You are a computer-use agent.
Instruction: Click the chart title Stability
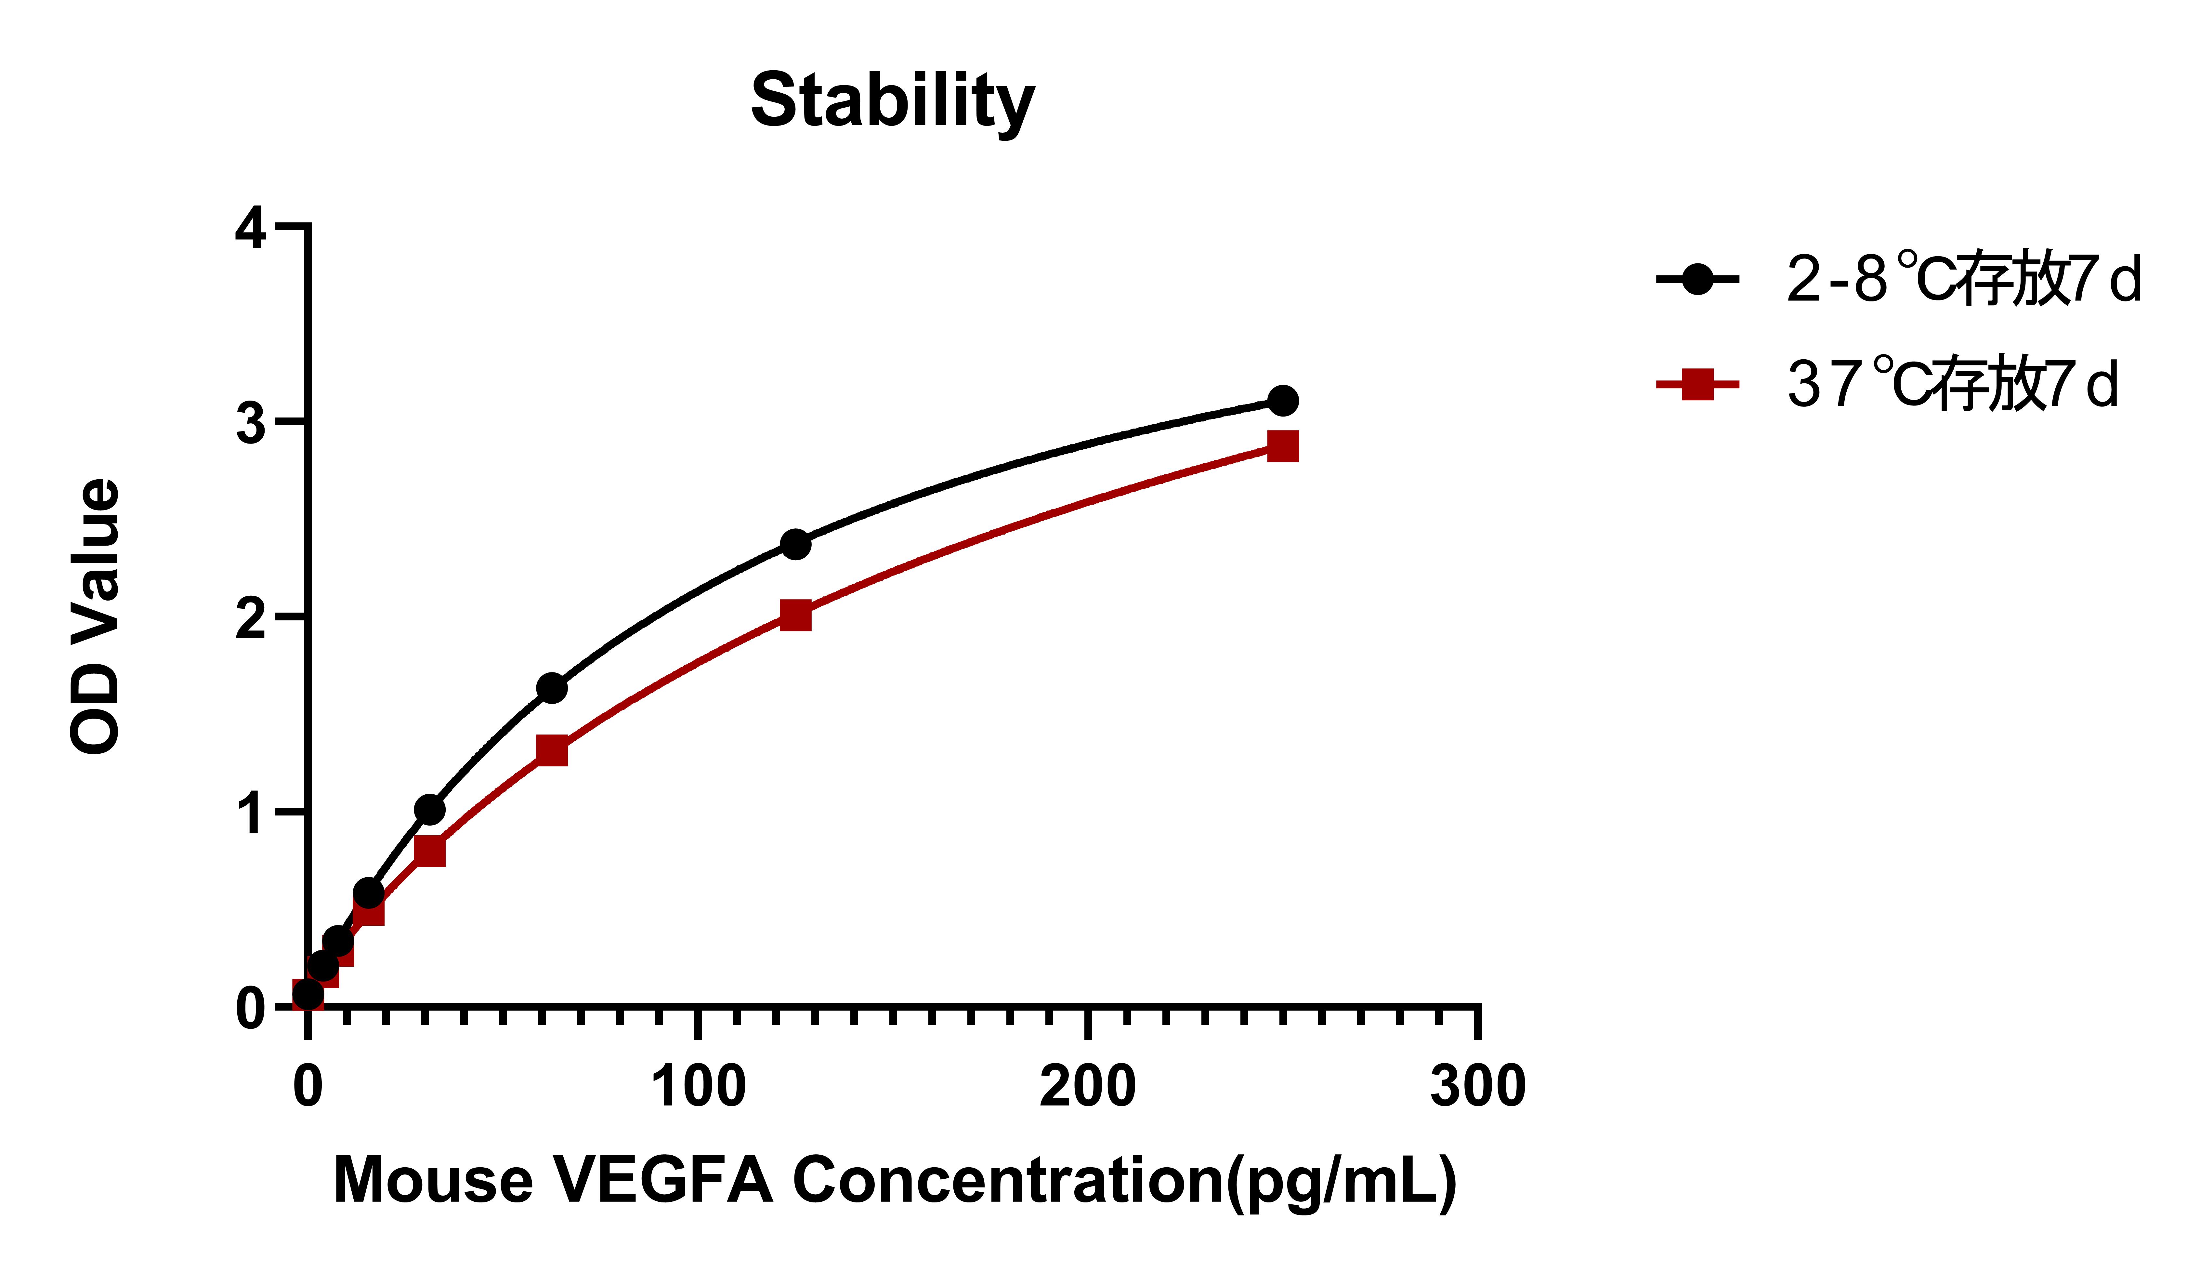(x=892, y=101)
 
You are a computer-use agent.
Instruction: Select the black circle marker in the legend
(x=1697, y=279)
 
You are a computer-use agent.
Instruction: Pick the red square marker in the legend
(x=1697, y=384)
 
